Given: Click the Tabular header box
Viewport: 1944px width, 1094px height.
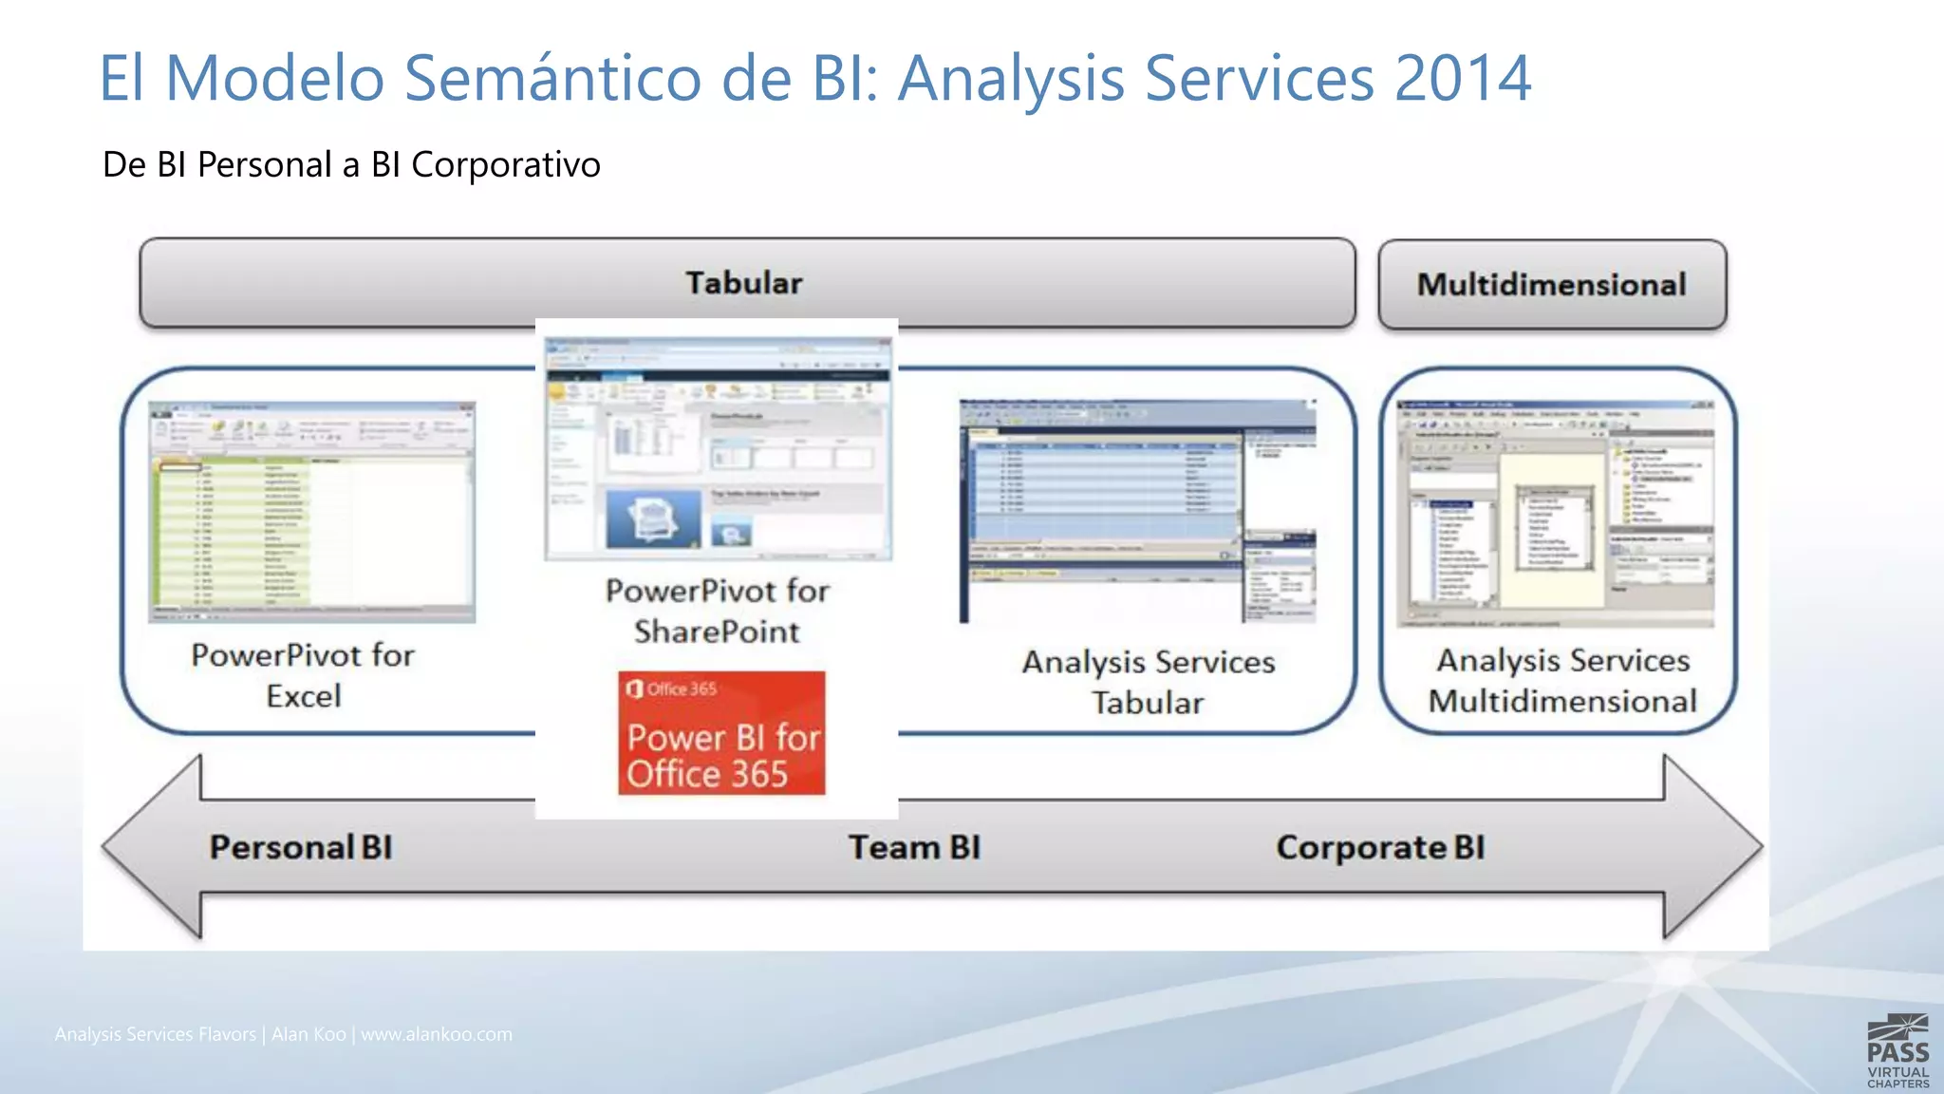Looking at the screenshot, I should [746, 283].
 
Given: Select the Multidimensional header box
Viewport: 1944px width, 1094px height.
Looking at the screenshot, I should [1551, 285].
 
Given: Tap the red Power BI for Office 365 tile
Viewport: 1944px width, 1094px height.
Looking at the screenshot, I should [721, 733].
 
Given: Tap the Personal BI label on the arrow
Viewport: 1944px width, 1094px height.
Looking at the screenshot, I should [301, 847].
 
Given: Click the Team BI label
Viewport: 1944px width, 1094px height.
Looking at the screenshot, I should [914, 847].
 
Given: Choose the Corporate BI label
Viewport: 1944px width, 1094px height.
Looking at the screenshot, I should [1379, 847].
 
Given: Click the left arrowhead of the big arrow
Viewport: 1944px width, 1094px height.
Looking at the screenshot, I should [152, 847].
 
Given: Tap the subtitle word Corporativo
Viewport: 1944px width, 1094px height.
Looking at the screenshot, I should [505, 165].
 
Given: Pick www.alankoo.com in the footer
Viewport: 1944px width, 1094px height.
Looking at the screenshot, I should [437, 1034].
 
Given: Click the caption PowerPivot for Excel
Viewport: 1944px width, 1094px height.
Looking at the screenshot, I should [303, 675].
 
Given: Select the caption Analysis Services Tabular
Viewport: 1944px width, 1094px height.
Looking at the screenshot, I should [1148, 682].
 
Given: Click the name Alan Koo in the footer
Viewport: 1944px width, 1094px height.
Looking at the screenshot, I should [308, 1034].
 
